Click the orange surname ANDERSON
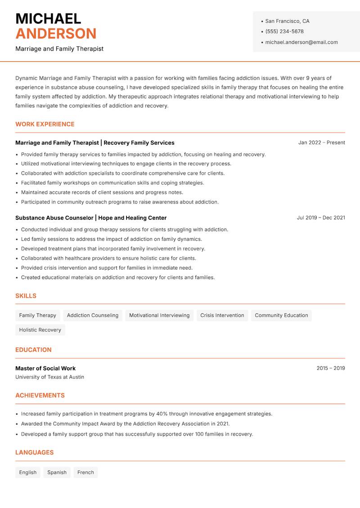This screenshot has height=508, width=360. [x=56, y=34]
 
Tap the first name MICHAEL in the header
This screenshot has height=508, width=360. [x=48, y=18]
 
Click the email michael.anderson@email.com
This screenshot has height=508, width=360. [x=301, y=42]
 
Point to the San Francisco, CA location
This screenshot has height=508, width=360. [x=287, y=21]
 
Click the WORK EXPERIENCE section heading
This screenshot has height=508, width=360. [x=45, y=124]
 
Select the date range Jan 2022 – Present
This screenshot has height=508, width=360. [x=321, y=143]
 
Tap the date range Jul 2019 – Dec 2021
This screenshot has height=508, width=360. [x=320, y=218]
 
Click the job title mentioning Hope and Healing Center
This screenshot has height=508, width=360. [x=91, y=218]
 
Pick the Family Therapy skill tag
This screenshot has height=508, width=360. [x=38, y=315]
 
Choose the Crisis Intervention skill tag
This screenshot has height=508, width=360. [x=222, y=315]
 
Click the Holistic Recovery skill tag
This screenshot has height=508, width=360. [x=40, y=330]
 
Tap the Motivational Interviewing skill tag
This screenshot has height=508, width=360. [x=159, y=315]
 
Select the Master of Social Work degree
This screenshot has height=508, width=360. [x=45, y=368]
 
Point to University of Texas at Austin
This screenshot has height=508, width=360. [x=49, y=377]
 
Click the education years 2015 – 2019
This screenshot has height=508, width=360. [x=330, y=368]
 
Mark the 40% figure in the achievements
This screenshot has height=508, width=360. [x=162, y=414]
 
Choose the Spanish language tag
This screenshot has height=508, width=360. [x=57, y=472]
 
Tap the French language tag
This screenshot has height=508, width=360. [x=85, y=472]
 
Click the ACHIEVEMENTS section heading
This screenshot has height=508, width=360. [x=40, y=395]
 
